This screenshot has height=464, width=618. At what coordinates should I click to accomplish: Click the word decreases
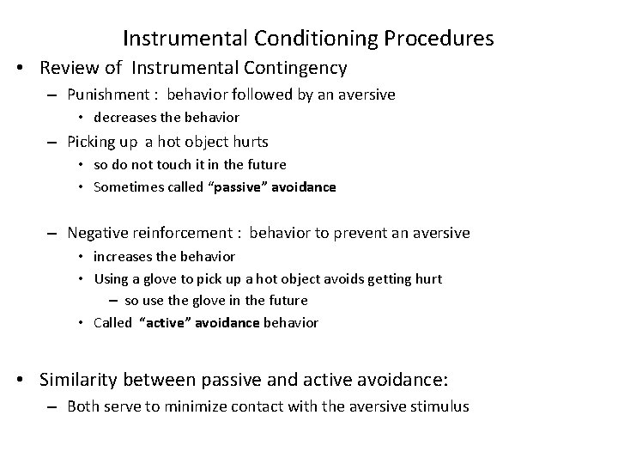click(126, 117)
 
